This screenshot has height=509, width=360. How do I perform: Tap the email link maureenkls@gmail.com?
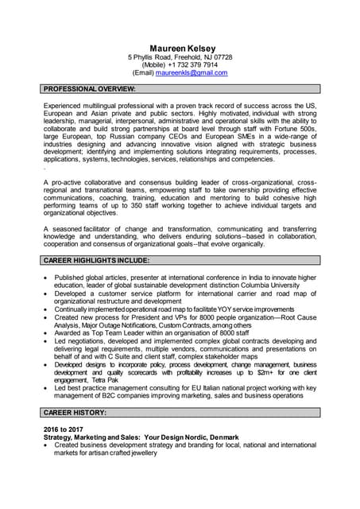(192, 72)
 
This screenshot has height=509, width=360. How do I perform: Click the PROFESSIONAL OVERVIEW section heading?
(90, 88)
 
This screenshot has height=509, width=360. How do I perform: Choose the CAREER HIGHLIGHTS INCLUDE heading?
(97, 260)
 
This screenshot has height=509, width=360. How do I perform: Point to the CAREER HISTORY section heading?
(75, 413)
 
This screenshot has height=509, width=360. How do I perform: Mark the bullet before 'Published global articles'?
(47, 278)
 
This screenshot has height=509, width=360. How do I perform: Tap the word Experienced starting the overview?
(67, 106)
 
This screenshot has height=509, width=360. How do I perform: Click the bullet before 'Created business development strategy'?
(47, 446)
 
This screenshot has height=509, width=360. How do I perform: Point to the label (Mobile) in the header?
(157, 65)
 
